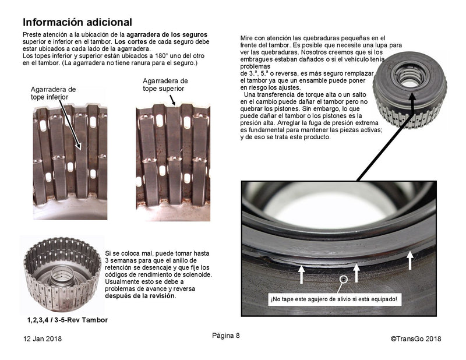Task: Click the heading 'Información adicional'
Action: click(x=77, y=23)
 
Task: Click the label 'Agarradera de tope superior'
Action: click(x=165, y=84)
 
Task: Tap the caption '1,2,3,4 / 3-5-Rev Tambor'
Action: click(x=67, y=320)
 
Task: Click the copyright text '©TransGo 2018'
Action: click(x=415, y=338)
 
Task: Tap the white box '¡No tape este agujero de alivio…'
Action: click(x=334, y=299)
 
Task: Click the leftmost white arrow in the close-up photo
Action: click(x=302, y=273)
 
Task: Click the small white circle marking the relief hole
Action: click(x=344, y=280)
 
